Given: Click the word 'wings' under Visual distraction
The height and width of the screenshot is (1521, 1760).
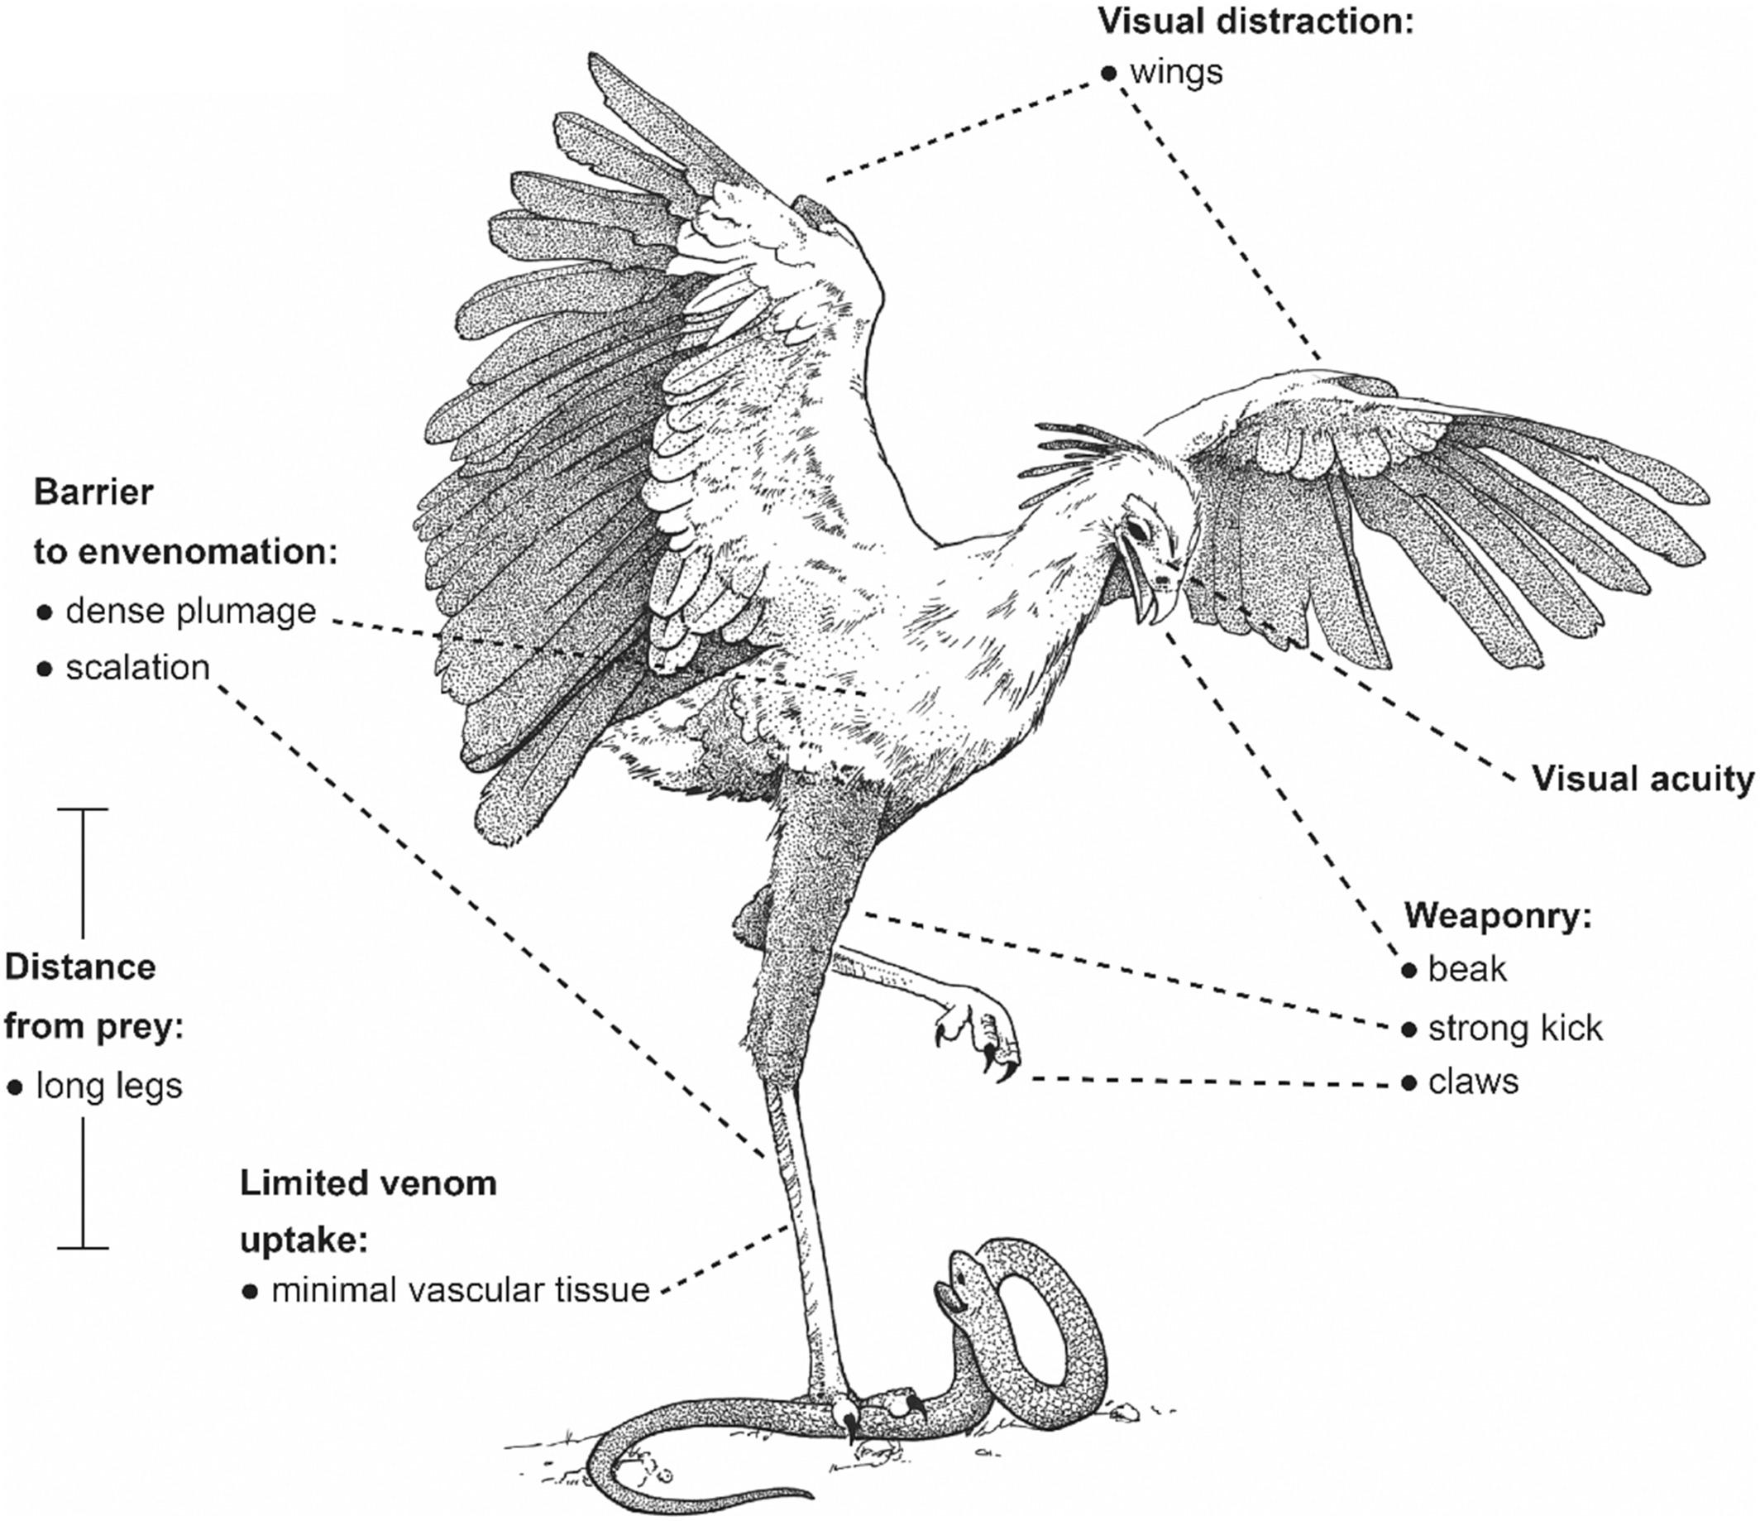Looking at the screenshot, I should click(1176, 73).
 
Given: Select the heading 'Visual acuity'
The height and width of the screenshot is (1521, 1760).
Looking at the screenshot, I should click(1643, 779).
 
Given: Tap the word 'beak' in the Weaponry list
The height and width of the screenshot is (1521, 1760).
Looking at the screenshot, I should click(1467, 969).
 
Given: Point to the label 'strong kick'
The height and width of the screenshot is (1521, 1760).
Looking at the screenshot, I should click(1514, 1028).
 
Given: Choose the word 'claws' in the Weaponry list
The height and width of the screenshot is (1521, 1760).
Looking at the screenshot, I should click(1473, 1082).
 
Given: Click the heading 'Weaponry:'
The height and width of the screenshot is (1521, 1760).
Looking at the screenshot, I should click(1497, 916).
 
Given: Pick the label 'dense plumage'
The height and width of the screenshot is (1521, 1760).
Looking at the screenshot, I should click(190, 611).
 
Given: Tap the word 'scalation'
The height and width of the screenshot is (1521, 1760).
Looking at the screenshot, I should click(137, 667).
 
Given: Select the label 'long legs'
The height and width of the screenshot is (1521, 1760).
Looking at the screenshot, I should click(108, 1085).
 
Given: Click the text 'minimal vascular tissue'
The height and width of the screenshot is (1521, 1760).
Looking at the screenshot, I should click(461, 1290).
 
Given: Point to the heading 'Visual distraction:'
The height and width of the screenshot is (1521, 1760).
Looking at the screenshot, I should click(1255, 22).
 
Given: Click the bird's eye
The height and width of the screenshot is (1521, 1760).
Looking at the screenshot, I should click(1136, 530).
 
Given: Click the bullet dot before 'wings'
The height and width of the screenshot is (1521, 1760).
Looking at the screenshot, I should click(1107, 73).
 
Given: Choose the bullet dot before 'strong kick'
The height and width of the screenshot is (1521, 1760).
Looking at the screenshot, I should click(1409, 1029).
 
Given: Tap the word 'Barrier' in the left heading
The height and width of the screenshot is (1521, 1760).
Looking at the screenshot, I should click(93, 492).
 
